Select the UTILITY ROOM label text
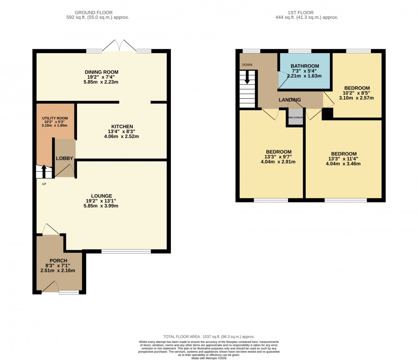pyautogui.click(x=55, y=118)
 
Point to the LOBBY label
pyautogui.click(x=64, y=158)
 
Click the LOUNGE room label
pyautogui.click(x=102, y=196)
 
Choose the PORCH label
pyautogui.click(x=58, y=260)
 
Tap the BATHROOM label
pyautogui.click(x=304, y=66)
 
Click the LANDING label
pyautogui.click(x=290, y=100)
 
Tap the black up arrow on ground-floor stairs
pyautogui.click(x=44, y=170)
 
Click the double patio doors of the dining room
pyautogui.click(x=119, y=46)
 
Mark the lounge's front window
pyautogui.click(x=126, y=251)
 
